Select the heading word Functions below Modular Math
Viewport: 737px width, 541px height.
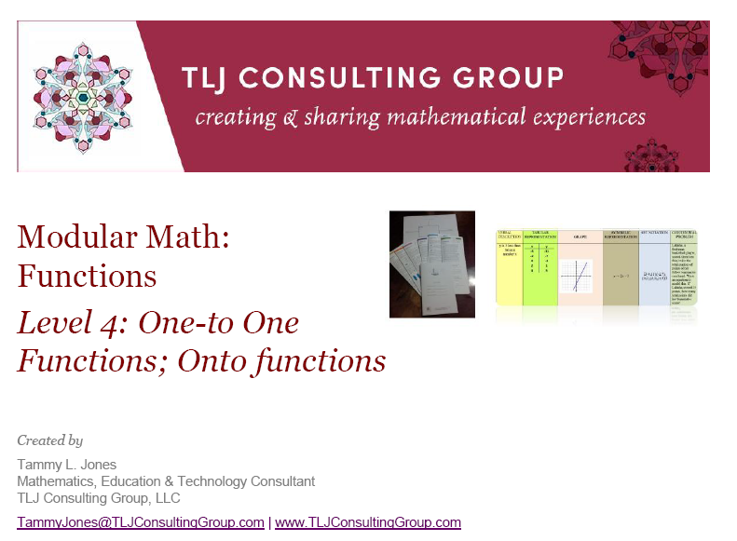87,276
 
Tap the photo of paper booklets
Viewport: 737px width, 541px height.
431,264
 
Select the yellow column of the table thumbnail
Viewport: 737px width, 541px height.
509,270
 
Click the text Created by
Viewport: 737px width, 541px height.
49,440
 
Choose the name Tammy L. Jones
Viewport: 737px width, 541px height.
67,465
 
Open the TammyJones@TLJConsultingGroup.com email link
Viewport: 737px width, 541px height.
140,522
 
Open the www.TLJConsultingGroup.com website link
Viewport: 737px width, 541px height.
367,522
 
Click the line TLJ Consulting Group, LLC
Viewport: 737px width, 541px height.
98,498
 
